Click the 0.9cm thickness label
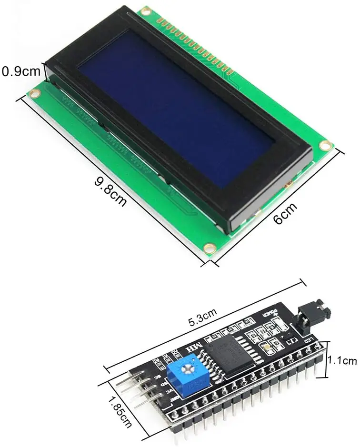click(x=21, y=72)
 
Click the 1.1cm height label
click(x=344, y=361)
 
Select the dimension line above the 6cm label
click(x=276, y=205)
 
